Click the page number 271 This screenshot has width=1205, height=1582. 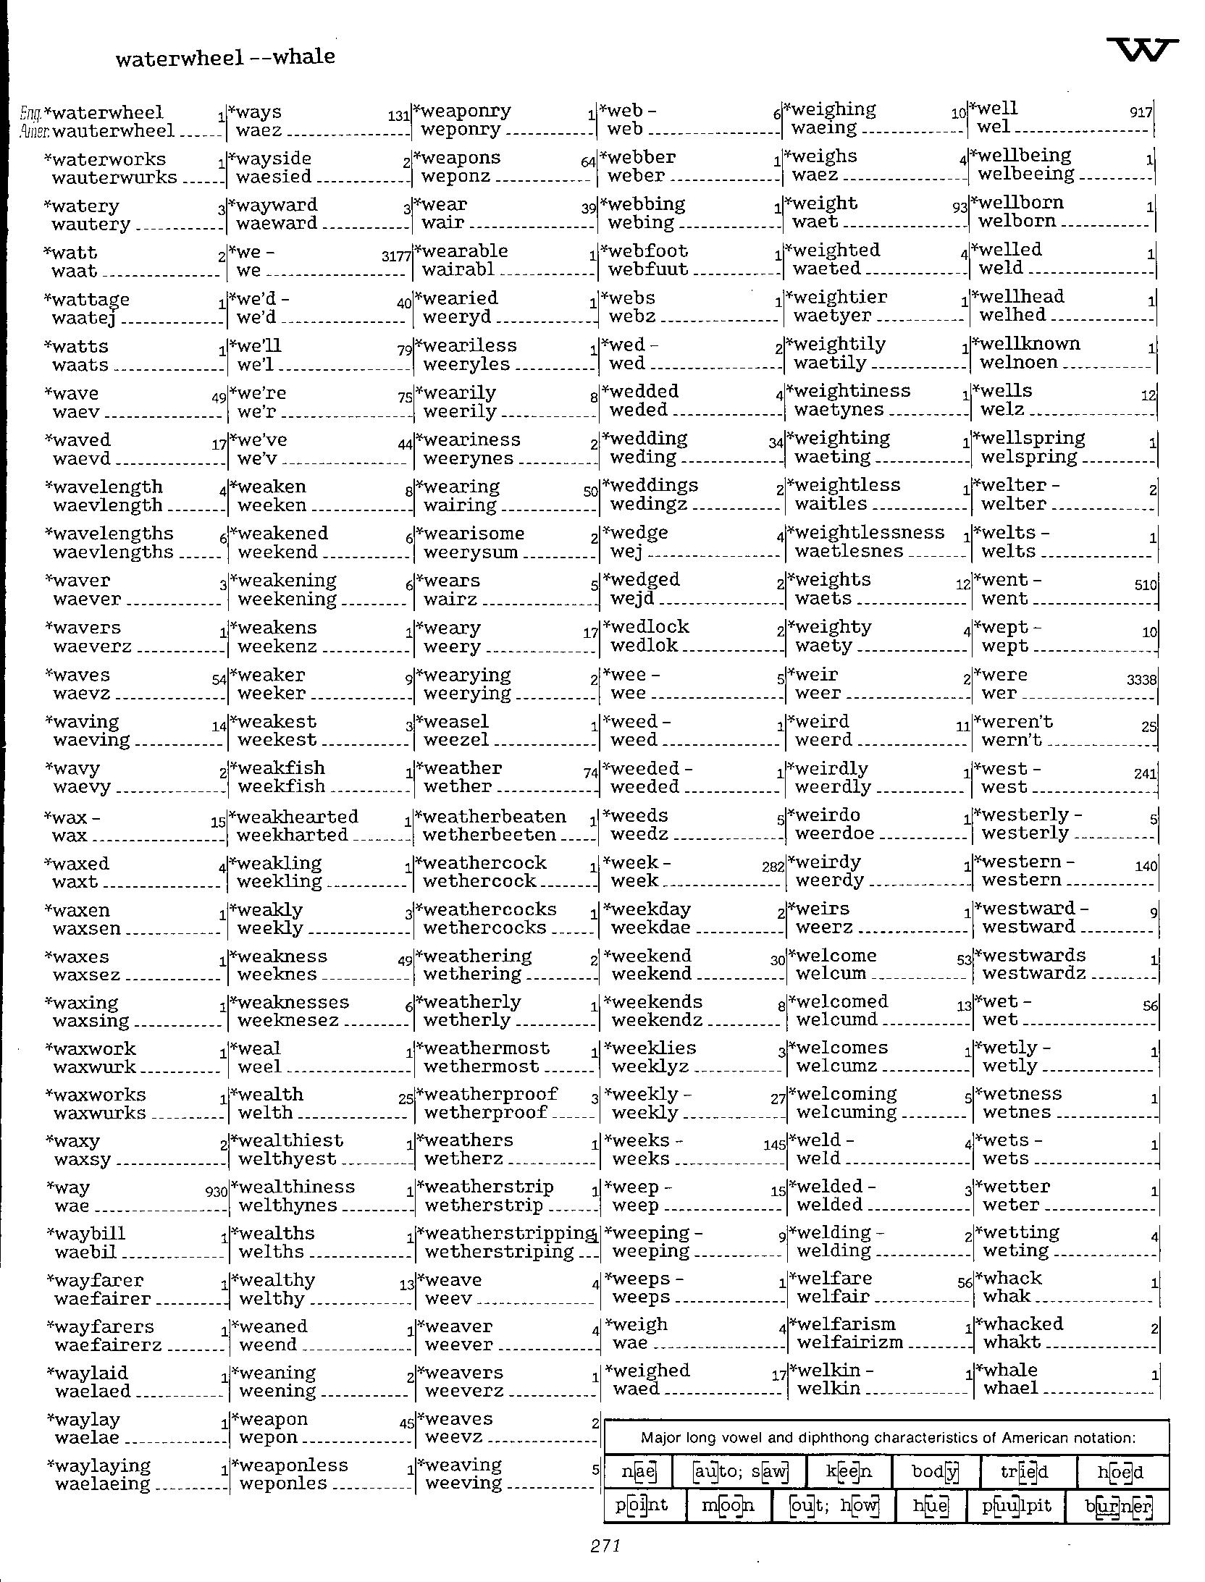click(605, 1546)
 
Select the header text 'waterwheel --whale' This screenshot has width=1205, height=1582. click(225, 57)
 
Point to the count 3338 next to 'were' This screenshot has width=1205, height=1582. click(1141, 680)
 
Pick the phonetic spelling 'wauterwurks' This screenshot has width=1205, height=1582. click(114, 177)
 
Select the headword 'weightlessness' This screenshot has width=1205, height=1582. click(869, 533)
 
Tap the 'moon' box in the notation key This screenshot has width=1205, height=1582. click(728, 1505)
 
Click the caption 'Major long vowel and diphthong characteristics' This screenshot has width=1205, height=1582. click(886, 1438)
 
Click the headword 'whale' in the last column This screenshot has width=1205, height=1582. click(1010, 1370)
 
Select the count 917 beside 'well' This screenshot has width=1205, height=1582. click(1141, 112)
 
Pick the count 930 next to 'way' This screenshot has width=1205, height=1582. click(216, 1192)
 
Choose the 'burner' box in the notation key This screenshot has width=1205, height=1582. click(1118, 1505)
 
